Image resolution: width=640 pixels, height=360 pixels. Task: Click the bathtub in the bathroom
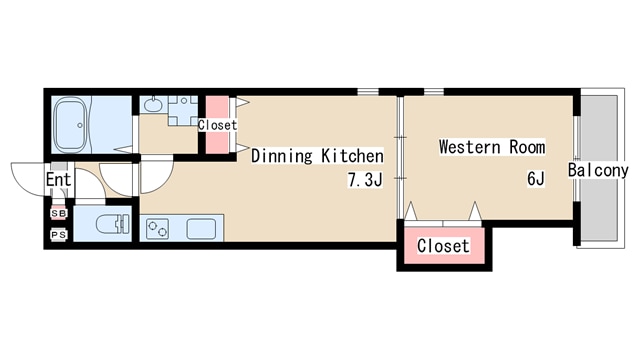pyautogui.click(x=71, y=124)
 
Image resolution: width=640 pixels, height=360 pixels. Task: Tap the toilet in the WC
pyautogui.click(x=113, y=224)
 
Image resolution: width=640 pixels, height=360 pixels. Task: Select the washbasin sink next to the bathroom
pyautogui.click(x=153, y=104)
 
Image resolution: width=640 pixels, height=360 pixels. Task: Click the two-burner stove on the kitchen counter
pyautogui.click(x=158, y=229)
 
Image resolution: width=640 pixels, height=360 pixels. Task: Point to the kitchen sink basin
pyautogui.click(x=201, y=229)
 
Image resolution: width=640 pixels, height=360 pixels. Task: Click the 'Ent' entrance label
pyautogui.click(x=58, y=179)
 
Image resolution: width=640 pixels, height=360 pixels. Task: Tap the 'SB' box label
pyautogui.click(x=59, y=213)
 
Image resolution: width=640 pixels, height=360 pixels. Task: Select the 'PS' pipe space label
pyautogui.click(x=59, y=235)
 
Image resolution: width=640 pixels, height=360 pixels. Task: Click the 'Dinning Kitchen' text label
pyautogui.click(x=317, y=156)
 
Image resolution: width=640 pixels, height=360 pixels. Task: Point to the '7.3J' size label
pyautogui.click(x=365, y=180)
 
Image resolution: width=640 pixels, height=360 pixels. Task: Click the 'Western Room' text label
pyautogui.click(x=492, y=147)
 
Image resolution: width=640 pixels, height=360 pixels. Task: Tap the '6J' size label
pyautogui.click(x=536, y=179)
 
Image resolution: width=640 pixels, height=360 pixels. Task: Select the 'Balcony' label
pyautogui.click(x=598, y=170)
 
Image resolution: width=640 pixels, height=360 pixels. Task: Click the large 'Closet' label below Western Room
pyautogui.click(x=443, y=246)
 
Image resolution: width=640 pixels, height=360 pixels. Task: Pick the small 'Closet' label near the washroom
pyautogui.click(x=217, y=125)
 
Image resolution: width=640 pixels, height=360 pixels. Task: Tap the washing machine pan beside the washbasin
pyautogui.click(x=183, y=110)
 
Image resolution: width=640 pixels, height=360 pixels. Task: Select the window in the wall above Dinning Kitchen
pyautogui.click(x=368, y=92)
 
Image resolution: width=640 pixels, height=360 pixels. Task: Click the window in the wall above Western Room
pyautogui.click(x=434, y=92)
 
